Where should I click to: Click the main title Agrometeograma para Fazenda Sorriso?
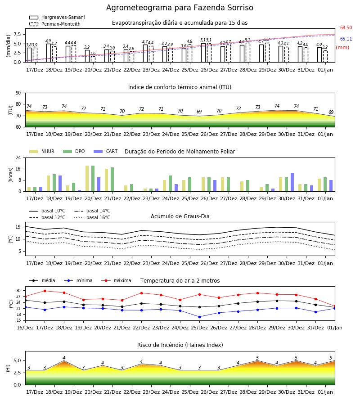180,8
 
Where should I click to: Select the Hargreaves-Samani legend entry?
57,17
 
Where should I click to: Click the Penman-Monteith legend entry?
55,24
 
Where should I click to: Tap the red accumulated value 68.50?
346,27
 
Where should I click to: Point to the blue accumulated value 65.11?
346,39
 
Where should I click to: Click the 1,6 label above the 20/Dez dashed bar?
93,54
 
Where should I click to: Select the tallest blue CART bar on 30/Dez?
292,182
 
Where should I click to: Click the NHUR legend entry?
42,151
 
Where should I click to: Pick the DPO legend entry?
74,151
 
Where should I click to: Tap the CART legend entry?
106,151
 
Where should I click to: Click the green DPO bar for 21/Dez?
112,180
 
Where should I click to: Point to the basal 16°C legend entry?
92,217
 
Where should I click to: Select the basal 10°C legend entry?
47,211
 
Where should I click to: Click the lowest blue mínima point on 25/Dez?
200,317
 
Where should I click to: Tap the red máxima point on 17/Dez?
45,291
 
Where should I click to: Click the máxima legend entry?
116,280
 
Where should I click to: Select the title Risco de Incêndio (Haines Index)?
180,345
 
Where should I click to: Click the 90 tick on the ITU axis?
18,93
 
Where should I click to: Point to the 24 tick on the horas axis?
18,157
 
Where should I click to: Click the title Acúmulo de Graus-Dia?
180,216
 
